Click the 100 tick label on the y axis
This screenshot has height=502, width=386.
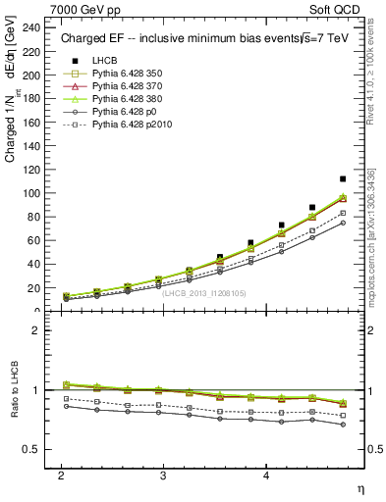coord(33,193)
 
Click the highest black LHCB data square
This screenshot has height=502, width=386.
coord(343,178)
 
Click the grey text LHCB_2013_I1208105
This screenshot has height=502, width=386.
coord(202,293)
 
